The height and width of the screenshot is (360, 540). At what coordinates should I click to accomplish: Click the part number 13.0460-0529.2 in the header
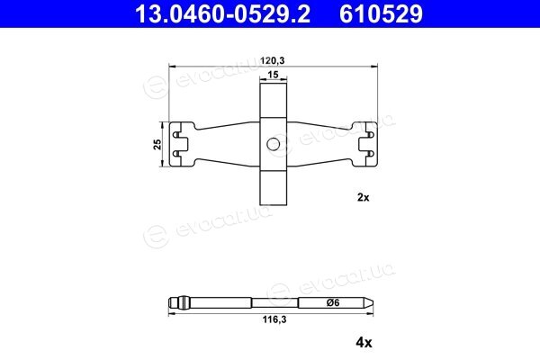222,13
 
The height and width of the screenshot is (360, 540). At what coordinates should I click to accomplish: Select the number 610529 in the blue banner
381,13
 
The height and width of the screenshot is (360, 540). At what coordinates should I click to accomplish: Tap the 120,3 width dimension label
273,61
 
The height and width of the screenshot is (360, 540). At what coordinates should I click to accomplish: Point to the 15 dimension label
273,75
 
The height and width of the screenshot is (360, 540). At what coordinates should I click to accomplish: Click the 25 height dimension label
157,144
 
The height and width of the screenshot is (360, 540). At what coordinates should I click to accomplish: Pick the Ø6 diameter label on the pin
333,302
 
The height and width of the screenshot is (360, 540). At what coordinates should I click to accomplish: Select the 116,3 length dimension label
274,319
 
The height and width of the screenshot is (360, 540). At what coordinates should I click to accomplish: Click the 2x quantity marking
364,198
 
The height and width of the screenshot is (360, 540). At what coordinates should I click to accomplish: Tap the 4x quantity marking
364,343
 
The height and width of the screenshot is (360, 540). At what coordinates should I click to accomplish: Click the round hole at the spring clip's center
273,144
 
